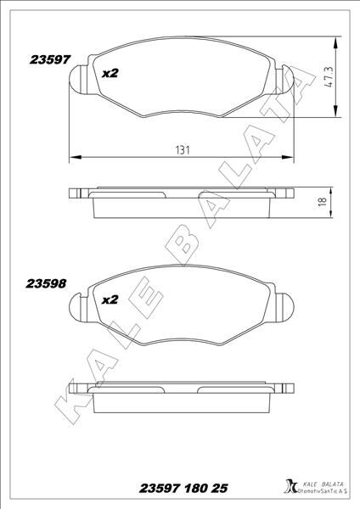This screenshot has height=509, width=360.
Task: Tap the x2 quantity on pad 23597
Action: pos(109,73)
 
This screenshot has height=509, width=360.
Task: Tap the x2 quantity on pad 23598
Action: pos(109,299)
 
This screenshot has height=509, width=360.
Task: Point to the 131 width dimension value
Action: pos(182,149)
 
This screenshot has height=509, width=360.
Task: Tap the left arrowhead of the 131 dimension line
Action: pos(71,157)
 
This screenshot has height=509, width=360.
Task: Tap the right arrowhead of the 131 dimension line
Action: pos(293,157)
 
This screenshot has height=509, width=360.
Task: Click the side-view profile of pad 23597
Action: pos(182,203)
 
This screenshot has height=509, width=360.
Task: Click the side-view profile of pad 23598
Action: pos(182,400)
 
